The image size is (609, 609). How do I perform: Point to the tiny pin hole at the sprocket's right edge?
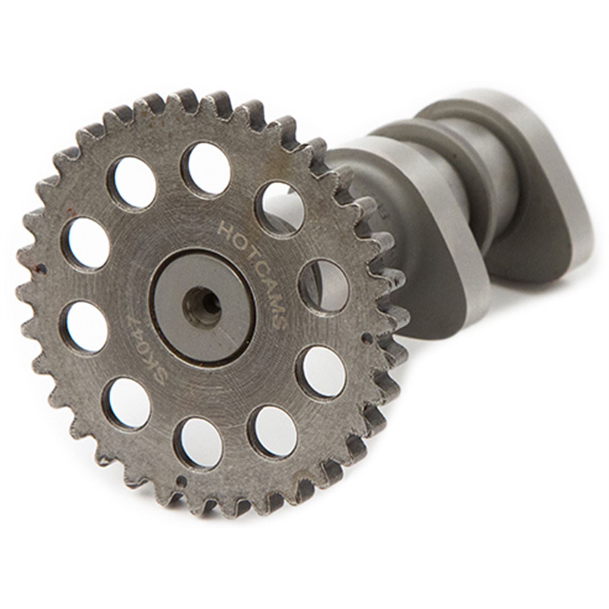(368, 336)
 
